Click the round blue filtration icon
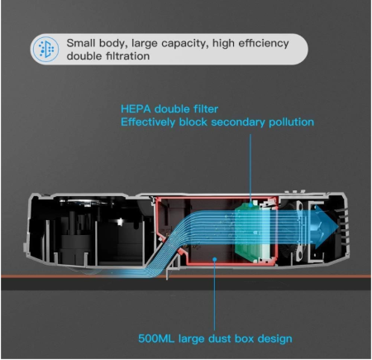[45, 49]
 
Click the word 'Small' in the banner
[81, 43]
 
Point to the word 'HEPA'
[136, 109]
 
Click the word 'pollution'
[291, 122]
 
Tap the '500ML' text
[156, 338]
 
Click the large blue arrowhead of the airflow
[327, 227]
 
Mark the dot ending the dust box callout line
[214, 259]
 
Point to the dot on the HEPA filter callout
[250, 204]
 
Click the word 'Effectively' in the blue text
[148, 122]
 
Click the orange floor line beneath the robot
[186, 276]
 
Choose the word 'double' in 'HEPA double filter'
[172, 109]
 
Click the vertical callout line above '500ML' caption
[214, 295]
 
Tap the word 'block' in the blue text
[193, 122]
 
